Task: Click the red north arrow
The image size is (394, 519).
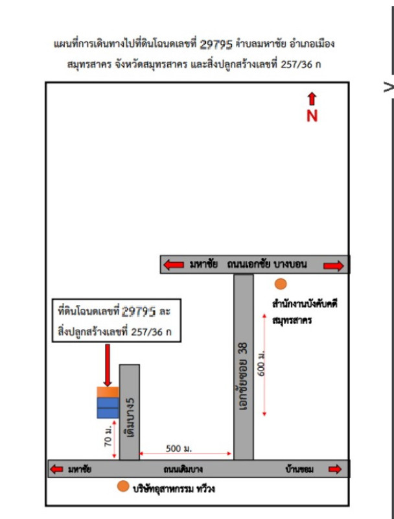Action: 312,99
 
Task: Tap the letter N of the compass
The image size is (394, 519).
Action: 312,116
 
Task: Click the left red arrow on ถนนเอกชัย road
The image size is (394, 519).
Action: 173,265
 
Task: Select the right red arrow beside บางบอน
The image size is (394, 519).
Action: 333,265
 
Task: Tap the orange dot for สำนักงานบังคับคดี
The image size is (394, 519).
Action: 280,284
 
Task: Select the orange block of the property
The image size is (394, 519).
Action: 108,392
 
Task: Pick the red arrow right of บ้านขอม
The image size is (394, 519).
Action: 334,469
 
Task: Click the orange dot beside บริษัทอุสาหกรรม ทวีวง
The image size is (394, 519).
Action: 122,487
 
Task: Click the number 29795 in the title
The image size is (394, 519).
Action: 218,44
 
